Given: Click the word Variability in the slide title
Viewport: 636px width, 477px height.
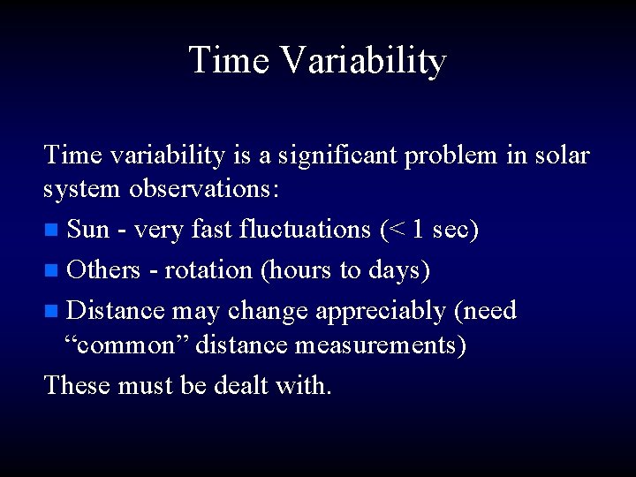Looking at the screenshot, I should tap(365, 61).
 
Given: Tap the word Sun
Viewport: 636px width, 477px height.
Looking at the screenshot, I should tap(88, 231).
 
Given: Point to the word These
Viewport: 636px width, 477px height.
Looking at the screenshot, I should tap(76, 384).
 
